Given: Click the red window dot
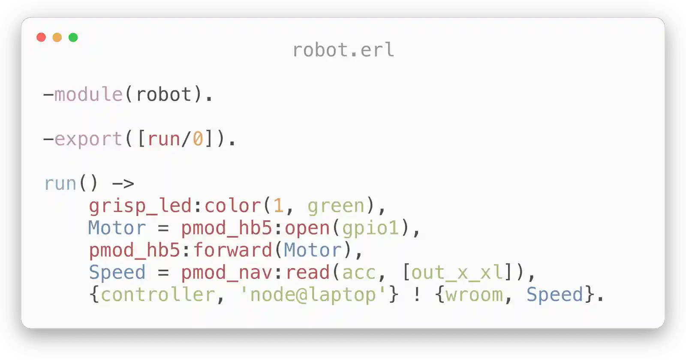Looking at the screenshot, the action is [x=41, y=37].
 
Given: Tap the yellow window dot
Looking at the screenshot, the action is [x=57, y=37].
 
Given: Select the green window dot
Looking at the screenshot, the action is [x=73, y=37].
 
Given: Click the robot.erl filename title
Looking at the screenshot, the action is [x=343, y=50].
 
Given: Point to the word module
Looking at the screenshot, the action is [x=88, y=94].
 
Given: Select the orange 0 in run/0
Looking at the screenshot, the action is [x=198, y=139].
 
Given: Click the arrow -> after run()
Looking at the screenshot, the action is [x=123, y=184].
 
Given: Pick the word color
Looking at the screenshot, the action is [x=232, y=206].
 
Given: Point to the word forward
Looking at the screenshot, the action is [x=232, y=250].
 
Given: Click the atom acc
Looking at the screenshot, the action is [x=359, y=273].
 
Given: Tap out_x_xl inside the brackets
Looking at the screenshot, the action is [x=457, y=273].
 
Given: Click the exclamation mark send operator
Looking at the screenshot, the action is [x=416, y=294].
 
